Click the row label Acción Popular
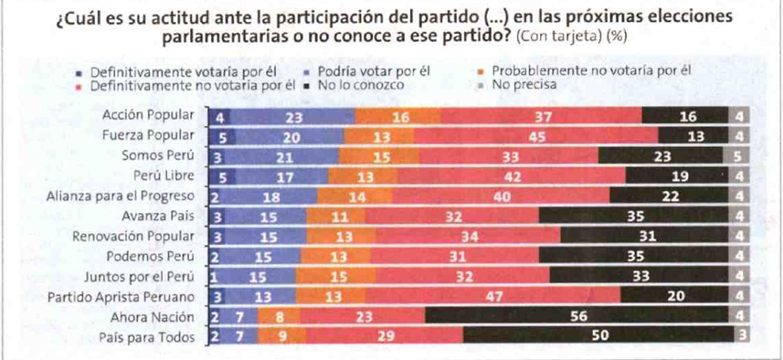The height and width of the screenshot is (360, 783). pyautogui.click(x=148, y=116)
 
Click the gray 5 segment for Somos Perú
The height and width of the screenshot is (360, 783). pyautogui.click(x=738, y=156)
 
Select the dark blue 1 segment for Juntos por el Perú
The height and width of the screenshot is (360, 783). pyautogui.click(x=213, y=275)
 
